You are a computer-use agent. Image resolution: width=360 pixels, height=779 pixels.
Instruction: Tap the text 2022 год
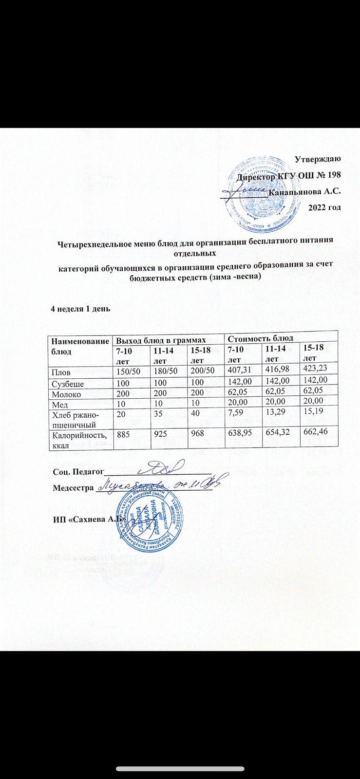point(325,207)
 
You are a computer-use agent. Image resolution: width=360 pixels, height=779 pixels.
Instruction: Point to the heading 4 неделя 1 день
point(82,308)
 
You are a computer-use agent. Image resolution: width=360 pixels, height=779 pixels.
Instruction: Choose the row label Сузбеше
point(68,384)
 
